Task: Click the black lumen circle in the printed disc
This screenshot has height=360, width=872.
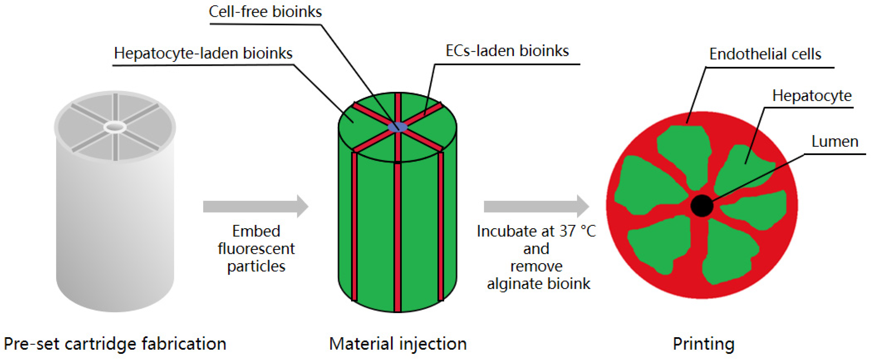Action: tap(701, 205)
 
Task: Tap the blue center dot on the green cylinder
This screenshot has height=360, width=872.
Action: tap(397, 127)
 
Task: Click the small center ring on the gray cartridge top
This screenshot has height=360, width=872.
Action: tap(115, 127)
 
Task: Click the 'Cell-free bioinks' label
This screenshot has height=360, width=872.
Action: tap(265, 12)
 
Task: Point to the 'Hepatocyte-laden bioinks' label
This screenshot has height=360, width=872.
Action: tap(203, 53)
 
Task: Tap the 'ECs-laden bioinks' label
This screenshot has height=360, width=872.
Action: tap(507, 51)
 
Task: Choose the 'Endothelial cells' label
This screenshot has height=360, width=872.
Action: tap(765, 54)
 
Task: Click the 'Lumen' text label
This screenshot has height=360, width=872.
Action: tap(835, 142)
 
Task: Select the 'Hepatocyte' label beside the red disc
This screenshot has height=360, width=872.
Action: tap(811, 96)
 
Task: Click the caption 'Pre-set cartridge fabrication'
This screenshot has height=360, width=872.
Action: tap(115, 343)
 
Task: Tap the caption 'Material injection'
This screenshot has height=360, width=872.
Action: tap(398, 343)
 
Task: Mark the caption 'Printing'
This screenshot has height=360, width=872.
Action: tap(703, 343)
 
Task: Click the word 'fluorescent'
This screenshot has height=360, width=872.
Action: tap(256, 249)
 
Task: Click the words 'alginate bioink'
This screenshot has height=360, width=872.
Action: tap(538, 283)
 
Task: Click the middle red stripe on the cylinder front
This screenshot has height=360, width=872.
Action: tap(397, 237)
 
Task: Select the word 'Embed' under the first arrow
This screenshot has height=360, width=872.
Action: tap(256, 231)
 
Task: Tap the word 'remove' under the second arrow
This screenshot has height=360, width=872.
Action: tap(536, 266)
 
